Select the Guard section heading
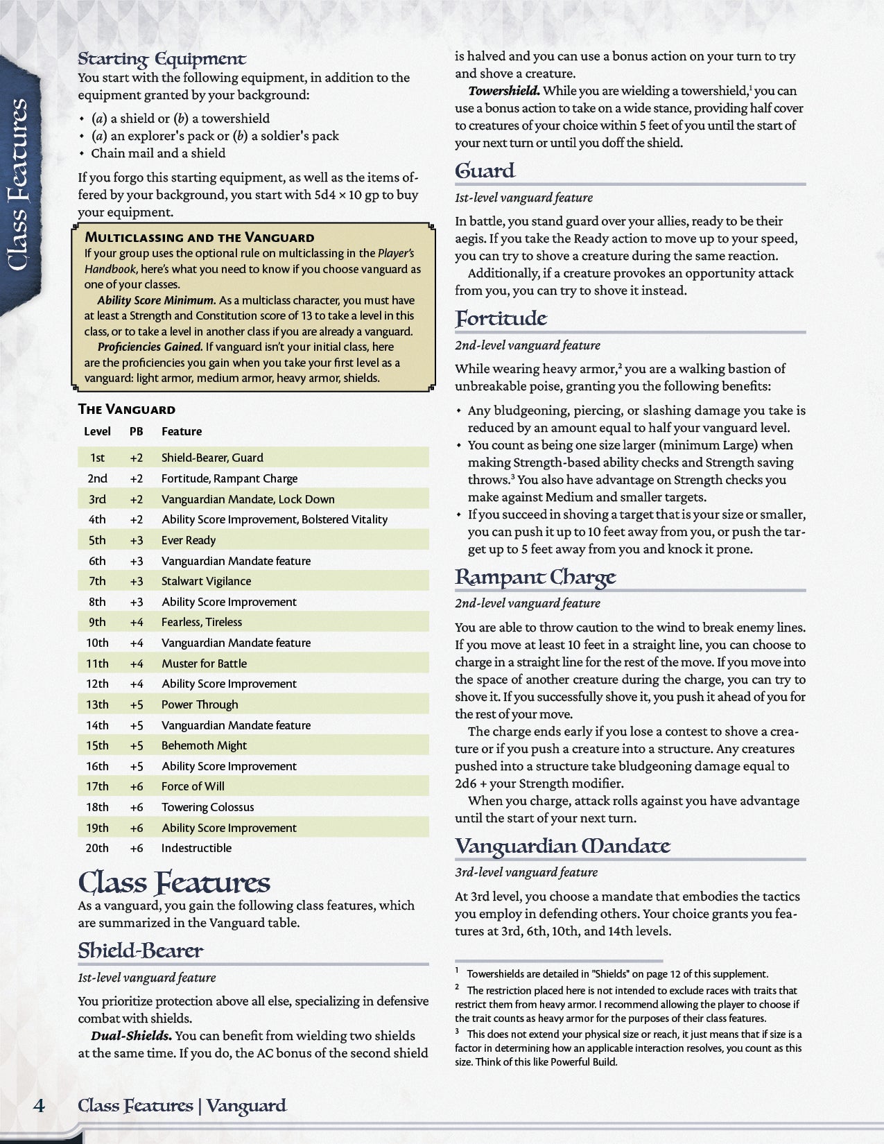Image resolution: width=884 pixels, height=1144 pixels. click(485, 171)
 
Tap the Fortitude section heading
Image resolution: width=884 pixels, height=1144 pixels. click(501, 318)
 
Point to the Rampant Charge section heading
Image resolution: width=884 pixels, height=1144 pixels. click(535, 577)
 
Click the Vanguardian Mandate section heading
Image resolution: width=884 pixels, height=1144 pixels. click(562, 846)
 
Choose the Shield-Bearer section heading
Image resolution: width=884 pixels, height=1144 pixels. click(140, 951)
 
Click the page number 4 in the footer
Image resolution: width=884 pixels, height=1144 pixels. click(40, 1105)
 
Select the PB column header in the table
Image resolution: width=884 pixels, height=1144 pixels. click(137, 431)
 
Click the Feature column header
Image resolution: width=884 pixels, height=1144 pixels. click(182, 431)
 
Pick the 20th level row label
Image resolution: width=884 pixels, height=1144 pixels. click(97, 848)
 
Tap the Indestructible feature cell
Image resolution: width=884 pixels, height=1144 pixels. click(196, 848)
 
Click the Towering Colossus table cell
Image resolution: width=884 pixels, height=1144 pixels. click(207, 807)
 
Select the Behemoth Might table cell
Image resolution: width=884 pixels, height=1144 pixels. click(204, 745)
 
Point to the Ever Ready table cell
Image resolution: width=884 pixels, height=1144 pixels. click(189, 540)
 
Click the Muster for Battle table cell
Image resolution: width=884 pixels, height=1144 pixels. click(204, 664)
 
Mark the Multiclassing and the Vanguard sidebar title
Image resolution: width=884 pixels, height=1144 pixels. click(199, 237)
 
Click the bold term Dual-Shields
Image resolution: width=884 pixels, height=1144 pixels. click(132, 1036)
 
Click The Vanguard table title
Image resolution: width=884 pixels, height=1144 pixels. click(126, 409)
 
